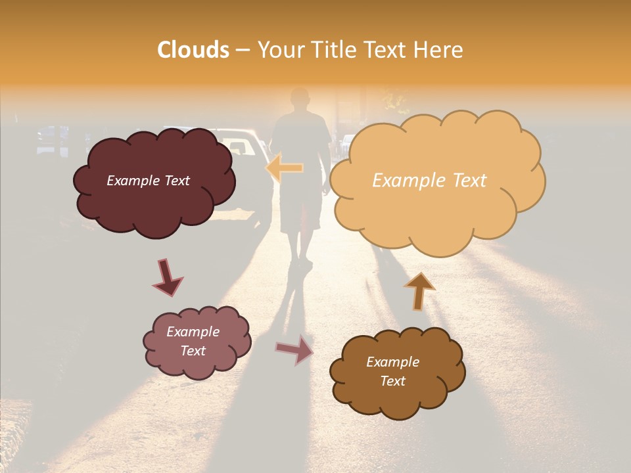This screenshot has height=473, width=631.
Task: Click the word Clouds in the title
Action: click(x=193, y=50)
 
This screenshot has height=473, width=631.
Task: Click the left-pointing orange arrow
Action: click(x=285, y=168)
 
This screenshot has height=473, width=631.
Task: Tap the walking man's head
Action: click(x=300, y=99)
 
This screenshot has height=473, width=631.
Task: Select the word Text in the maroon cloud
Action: click(x=175, y=181)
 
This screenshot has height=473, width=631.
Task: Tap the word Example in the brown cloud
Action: click(x=392, y=362)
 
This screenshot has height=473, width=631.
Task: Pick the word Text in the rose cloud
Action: click(x=193, y=351)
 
